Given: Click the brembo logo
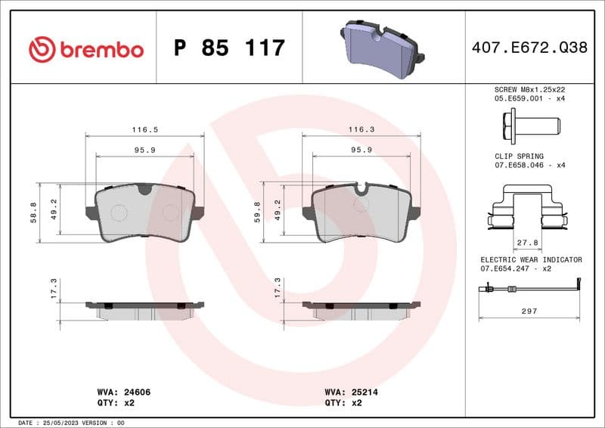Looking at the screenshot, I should (85, 49).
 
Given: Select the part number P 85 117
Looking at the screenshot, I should (229, 48).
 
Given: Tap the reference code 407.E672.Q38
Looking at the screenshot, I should (529, 48).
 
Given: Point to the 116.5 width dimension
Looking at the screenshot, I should (145, 129).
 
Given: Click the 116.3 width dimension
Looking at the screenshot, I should (361, 129).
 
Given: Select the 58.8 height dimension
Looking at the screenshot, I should (33, 212).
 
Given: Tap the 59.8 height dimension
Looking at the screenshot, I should (257, 212).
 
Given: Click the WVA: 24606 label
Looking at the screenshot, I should (126, 393).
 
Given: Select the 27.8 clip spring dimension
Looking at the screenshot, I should (527, 243).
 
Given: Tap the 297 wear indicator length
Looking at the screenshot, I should (529, 311).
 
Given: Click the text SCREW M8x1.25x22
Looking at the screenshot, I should (529, 89).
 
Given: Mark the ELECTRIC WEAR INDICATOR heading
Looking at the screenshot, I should (531, 259).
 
